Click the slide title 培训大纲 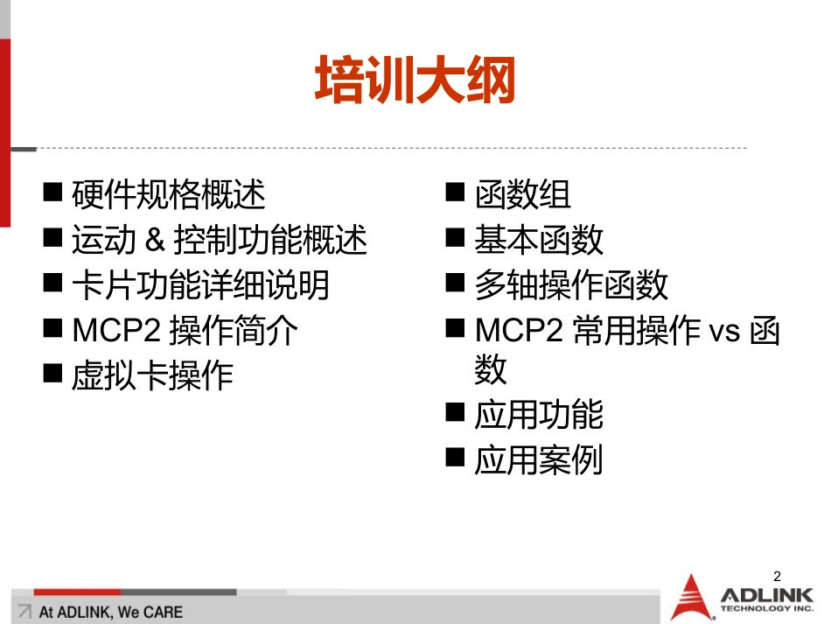[415, 81]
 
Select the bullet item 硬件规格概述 [169, 194]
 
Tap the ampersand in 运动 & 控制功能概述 [156, 240]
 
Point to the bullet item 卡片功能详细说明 [200, 285]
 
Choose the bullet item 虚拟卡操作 [152, 375]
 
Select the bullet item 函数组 [522, 194]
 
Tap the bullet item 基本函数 [539, 240]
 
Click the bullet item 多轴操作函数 [571, 285]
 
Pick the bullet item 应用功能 [539, 415]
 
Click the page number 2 [777, 576]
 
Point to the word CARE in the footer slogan [163, 612]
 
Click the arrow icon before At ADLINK [24, 612]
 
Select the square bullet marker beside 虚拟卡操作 [53, 374]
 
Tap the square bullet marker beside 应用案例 [455, 458]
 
